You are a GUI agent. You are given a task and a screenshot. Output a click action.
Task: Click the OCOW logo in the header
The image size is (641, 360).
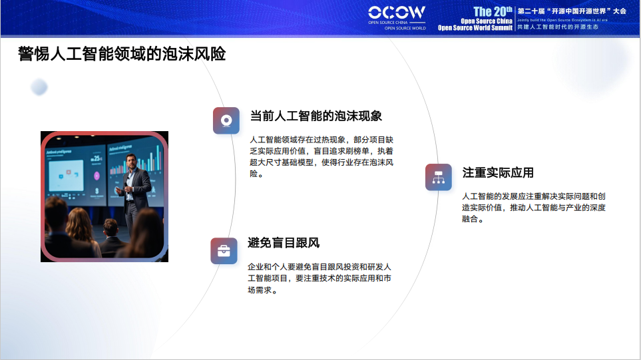[x=397, y=13]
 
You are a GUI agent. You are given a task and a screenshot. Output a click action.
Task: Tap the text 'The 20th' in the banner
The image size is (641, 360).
[x=492, y=11]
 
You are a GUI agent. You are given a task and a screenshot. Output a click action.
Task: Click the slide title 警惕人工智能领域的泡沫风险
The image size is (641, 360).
[x=122, y=54]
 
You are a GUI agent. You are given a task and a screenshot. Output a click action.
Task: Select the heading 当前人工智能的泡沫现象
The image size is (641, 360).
[x=316, y=116]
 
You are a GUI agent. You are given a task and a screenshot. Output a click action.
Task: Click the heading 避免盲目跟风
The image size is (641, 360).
[x=284, y=243]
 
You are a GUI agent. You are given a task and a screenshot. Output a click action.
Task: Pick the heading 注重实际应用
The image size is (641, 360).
[x=498, y=172]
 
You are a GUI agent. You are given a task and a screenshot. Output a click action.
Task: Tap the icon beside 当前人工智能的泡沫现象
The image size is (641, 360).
[x=226, y=120]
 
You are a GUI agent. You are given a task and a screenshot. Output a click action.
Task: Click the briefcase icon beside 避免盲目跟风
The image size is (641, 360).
[x=224, y=251]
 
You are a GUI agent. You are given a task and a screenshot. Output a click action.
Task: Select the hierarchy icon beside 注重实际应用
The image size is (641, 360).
[x=438, y=177]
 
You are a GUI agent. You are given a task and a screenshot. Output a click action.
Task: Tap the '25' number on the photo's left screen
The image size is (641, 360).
[x=97, y=159]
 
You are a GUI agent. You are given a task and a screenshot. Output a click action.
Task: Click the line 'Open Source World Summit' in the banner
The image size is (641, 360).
[x=475, y=28]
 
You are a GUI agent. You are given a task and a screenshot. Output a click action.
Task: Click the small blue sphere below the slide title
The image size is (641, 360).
[x=39, y=87]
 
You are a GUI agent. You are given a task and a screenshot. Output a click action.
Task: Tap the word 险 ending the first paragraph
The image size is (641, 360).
[x=254, y=174]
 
